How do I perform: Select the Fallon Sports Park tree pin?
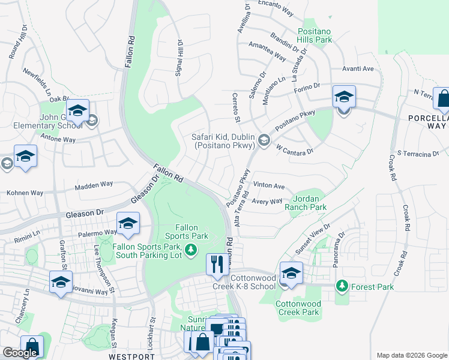click(191, 250)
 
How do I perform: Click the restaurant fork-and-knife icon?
click(215, 263)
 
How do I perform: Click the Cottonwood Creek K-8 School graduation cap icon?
click(291, 272)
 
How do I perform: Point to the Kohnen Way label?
click(25, 193)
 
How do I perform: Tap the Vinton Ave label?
click(269, 186)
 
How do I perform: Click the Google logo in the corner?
click(19, 353)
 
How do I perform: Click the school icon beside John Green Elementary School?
click(77, 110)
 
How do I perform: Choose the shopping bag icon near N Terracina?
click(443, 100)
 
